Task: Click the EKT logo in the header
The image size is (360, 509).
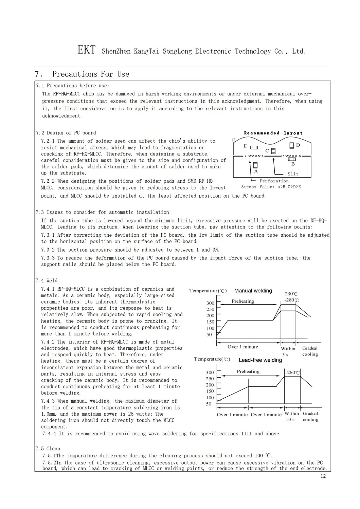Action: (x=86, y=50)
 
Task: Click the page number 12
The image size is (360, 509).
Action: (x=323, y=476)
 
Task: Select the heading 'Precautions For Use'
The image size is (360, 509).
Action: (x=90, y=74)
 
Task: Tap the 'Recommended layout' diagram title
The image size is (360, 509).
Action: (x=273, y=133)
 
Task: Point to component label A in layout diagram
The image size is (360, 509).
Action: (x=256, y=171)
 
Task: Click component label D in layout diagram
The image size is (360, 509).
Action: (x=298, y=145)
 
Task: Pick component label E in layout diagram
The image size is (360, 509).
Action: (x=245, y=146)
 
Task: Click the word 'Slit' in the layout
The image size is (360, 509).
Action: (x=293, y=174)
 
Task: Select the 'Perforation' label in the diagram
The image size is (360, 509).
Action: (x=274, y=181)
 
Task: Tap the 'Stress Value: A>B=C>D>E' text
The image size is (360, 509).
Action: (x=271, y=187)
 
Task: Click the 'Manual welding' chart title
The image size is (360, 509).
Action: (x=253, y=291)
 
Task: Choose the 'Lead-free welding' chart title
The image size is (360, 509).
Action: (x=260, y=360)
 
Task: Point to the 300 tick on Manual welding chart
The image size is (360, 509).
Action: (x=210, y=303)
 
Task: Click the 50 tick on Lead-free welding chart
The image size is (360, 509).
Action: (x=209, y=404)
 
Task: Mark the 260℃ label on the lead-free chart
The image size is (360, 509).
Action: (x=293, y=372)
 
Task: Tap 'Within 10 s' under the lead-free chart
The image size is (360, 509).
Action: (x=292, y=416)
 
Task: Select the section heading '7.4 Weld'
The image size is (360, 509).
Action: (x=47, y=280)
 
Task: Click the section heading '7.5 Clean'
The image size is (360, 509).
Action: (x=48, y=449)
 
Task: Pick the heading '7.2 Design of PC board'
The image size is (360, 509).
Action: (x=66, y=133)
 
